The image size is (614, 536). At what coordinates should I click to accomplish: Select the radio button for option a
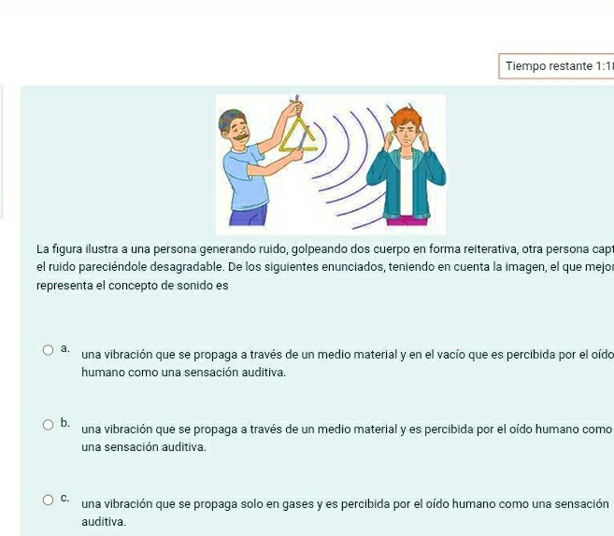coord(49,350)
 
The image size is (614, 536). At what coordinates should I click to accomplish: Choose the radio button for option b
coord(49,425)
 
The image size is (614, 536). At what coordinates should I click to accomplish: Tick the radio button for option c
coord(49,500)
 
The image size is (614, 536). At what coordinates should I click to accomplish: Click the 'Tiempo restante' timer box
coord(556,66)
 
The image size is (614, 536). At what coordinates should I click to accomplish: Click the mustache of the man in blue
coord(242,137)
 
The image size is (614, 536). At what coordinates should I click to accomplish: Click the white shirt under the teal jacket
coord(407,185)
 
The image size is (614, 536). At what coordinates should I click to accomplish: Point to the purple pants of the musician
coord(249,217)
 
